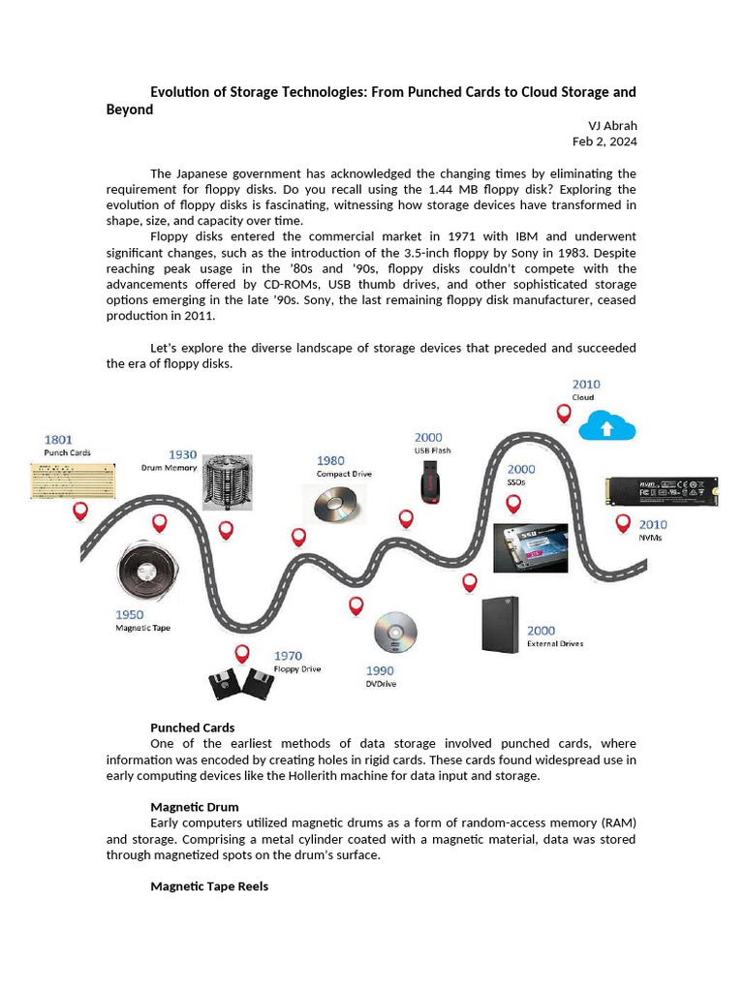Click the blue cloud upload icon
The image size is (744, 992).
(x=606, y=426)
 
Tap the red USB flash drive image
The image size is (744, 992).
(x=430, y=480)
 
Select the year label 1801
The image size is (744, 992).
(x=58, y=439)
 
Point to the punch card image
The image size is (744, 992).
(x=73, y=480)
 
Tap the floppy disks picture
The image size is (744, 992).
(x=239, y=684)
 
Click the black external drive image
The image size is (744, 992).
(x=500, y=624)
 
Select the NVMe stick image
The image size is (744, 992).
(x=662, y=491)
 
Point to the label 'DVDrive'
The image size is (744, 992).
(x=381, y=684)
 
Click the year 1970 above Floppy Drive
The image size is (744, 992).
(x=288, y=656)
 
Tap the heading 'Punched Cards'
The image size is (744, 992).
(x=192, y=728)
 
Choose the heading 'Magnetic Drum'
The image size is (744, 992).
(x=194, y=807)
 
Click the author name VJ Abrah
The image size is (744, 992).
(x=612, y=126)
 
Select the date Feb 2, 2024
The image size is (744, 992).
(x=604, y=141)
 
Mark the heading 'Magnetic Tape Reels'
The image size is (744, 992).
(x=209, y=886)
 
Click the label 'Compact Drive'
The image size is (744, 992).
(x=344, y=474)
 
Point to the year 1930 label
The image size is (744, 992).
(x=183, y=454)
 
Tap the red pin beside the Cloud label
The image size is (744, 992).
(x=564, y=414)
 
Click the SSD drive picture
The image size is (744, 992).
(x=529, y=548)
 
